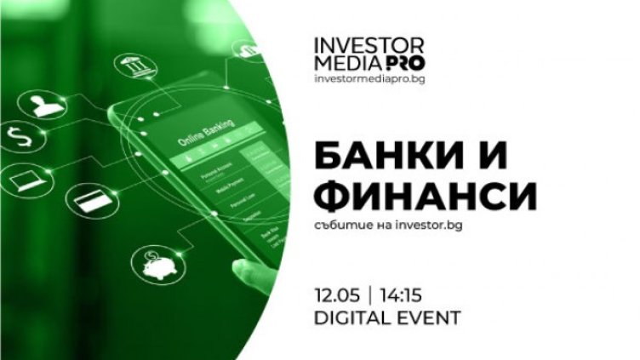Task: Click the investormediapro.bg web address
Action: (367, 77)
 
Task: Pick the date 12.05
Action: (334, 294)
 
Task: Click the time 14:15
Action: (401, 294)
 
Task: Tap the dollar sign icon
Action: (19, 134)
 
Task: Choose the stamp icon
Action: (42, 106)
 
